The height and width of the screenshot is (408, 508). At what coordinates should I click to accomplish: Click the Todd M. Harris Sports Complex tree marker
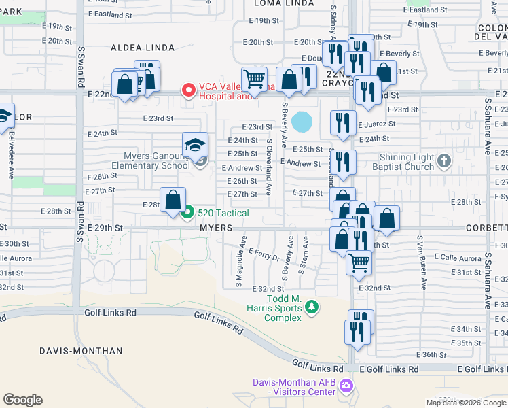[311, 307]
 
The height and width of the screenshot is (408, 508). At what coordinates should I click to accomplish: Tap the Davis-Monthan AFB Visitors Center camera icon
[346, 386]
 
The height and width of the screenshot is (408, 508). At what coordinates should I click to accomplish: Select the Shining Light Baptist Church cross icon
[443, 161]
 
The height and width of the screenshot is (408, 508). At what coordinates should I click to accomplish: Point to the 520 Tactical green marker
[188, 213]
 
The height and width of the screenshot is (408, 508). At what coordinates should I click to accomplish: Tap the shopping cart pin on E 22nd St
[254, 78]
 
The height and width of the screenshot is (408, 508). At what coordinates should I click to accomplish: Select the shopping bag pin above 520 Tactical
[173, 199]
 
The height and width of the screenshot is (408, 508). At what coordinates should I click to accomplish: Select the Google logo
[22, 400]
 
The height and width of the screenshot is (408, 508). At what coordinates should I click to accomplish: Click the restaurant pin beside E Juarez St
[343, 122]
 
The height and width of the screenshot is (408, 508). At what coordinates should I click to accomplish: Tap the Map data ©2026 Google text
[467, 403]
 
